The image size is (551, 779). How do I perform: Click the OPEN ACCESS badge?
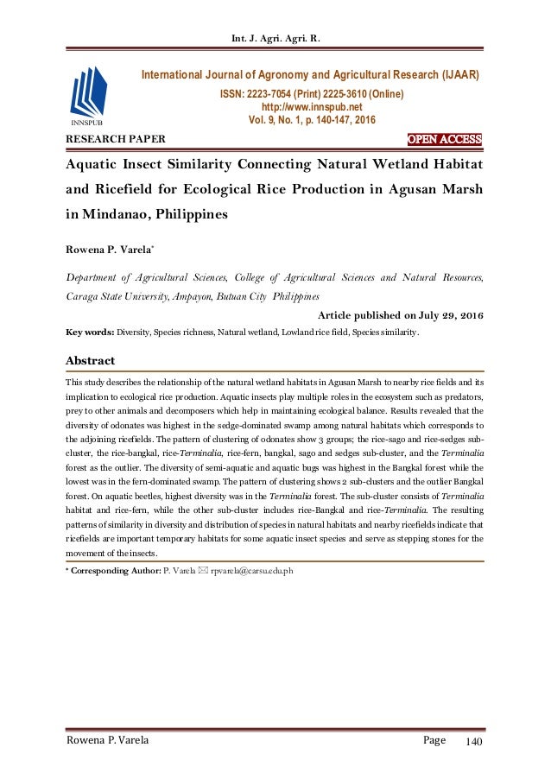[444, 140]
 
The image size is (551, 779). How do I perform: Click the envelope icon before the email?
[203, 571]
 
